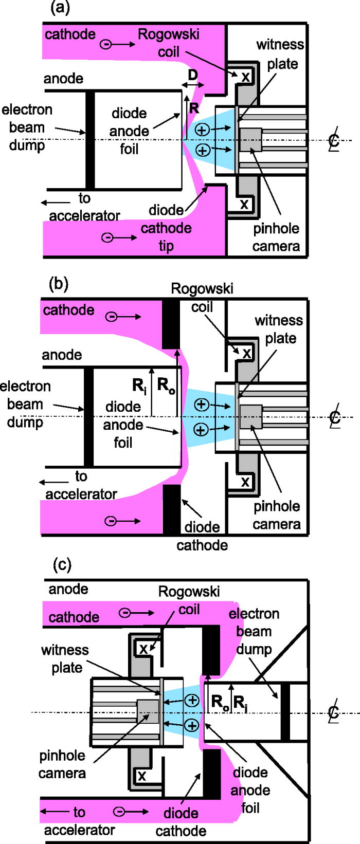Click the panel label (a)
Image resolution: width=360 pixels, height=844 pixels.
(x=60, y=8)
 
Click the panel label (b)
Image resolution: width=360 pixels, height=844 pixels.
(x=58, y=284)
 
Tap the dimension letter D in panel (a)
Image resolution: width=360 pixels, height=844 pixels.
(x=192, y=75)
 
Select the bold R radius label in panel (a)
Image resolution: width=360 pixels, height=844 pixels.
(x=194, y=108)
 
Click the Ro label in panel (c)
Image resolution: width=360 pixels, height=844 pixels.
(x=220, y=702)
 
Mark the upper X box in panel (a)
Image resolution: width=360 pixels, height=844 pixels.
(x=245, y=77)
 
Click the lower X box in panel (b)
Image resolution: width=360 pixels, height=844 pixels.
(x=245, y=482)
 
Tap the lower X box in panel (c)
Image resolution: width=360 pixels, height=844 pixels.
(x=142, y=776)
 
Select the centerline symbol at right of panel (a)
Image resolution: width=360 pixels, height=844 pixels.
(x=334, y=140)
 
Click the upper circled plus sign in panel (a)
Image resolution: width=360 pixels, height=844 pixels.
(x=202, y=130)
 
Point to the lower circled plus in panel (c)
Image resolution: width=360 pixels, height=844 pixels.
(x=192, y=725)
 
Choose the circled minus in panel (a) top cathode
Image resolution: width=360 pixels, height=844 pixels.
(x=105, y=45)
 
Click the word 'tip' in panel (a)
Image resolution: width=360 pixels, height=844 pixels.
(x=166, y=246)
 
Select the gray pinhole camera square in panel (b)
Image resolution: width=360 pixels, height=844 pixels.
(x=250, y=416)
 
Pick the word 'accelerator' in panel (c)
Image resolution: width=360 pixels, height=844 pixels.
(x=79, y=830)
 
